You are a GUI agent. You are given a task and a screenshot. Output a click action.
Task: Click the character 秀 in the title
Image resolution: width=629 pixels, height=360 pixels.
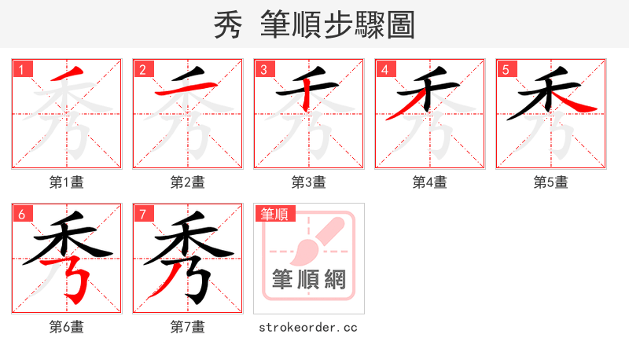tap(228, 25)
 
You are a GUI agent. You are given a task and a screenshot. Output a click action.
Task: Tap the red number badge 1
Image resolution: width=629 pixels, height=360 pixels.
tap(21, 69)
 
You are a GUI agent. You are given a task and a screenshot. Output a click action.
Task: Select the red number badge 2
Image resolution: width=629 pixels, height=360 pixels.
tap(142, 69)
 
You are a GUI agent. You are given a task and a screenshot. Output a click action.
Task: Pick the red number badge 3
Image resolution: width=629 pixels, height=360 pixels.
tap(263, 69)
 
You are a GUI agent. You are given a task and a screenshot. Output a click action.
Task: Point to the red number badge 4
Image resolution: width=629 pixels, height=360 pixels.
tap(384, 69)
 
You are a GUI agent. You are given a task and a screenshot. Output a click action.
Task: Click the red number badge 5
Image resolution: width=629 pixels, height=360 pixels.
tap(506, 69)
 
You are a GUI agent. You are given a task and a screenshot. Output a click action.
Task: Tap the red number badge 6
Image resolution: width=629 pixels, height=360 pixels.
tap(21, 214)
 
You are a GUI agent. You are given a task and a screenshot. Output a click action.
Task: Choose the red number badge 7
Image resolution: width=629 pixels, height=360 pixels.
tap(142, 214)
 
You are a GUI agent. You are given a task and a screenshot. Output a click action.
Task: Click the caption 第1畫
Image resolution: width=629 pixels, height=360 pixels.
tap(67, 182)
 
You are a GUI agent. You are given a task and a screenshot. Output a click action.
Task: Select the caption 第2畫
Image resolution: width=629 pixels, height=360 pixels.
tap(188, 182)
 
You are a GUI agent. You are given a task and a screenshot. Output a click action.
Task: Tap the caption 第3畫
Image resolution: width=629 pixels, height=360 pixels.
tap(309, 182)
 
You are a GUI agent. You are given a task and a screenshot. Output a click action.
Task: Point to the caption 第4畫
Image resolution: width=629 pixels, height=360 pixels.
tap(430, 182)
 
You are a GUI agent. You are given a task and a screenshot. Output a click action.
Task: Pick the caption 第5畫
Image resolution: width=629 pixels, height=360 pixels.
tap(551, 182)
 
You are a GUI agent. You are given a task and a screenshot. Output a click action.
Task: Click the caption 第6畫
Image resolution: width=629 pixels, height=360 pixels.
tap(67, 327)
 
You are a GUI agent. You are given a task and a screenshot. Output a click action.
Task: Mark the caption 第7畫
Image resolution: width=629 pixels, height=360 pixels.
tap(188, 327)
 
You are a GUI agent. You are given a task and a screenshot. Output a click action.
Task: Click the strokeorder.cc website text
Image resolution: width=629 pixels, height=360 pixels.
tap(308, 327)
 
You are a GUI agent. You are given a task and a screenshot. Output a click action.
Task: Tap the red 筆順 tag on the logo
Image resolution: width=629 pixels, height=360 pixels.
tap(274, 214)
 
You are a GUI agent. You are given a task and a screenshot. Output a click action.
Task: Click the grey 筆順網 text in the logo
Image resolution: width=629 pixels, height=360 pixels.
tap(309, 278)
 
